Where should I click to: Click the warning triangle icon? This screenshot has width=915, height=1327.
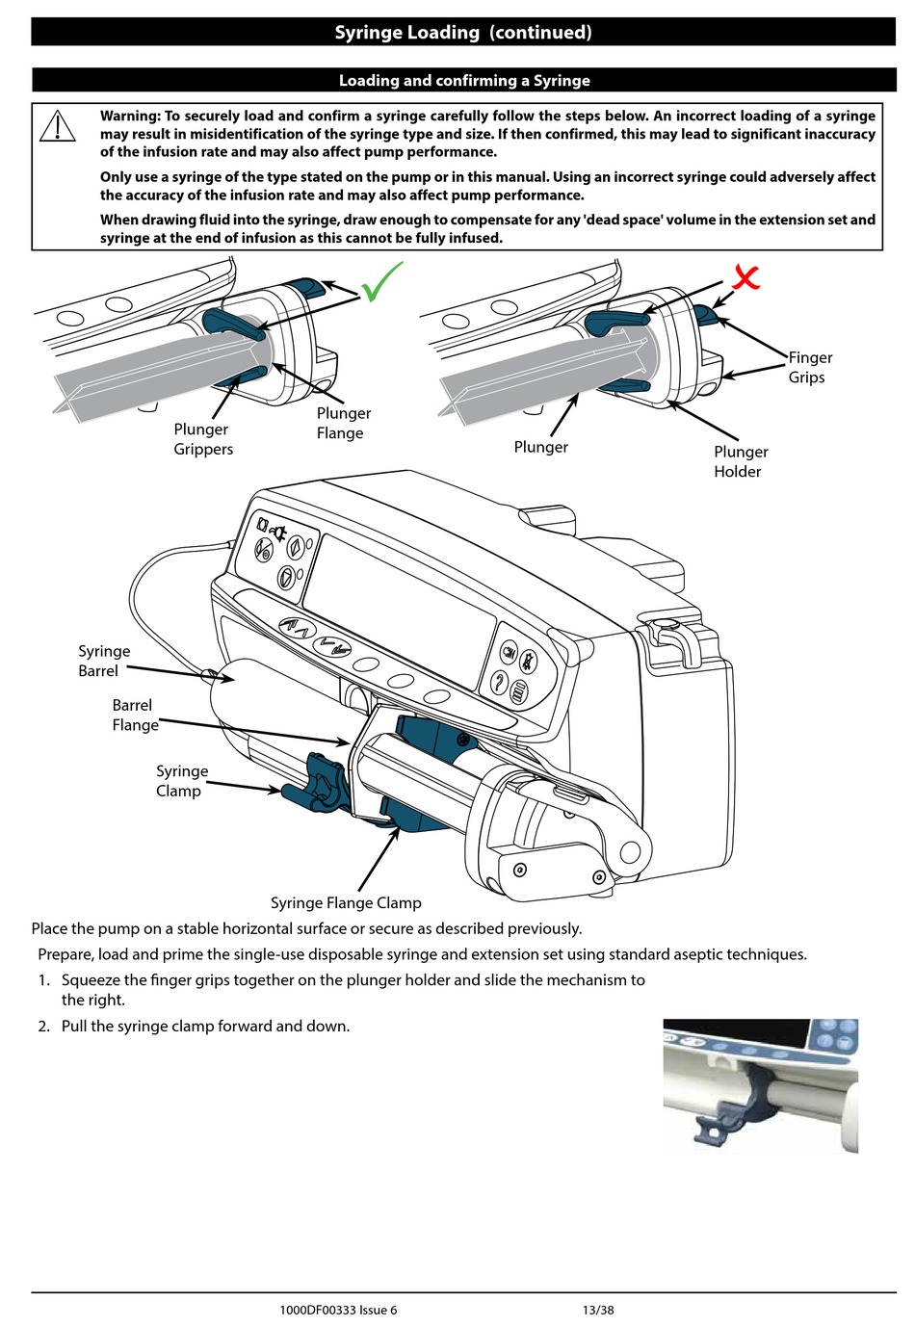click(58, 126)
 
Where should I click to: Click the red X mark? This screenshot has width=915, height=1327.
click(745, 277)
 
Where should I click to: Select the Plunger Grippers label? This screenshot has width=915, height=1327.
click(202, 439)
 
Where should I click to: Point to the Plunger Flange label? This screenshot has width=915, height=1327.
click(343, 423)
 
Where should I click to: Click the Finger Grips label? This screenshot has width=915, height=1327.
click(809, 367)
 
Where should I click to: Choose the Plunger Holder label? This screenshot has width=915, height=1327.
click(740, 461)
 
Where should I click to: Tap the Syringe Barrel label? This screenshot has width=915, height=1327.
click(103, 661)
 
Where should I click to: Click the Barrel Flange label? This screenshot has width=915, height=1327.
click(135, 715)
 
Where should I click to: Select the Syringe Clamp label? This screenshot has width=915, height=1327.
click(181, 780)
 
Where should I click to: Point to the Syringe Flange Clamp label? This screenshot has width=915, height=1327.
click(346, 902)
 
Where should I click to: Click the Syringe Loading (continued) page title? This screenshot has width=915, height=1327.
click(463, 32)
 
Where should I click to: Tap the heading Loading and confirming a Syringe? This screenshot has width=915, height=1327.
click(464, 81)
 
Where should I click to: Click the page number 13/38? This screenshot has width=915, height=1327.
click(597, 1310)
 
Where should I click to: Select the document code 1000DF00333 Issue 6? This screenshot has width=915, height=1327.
click(338, 1310)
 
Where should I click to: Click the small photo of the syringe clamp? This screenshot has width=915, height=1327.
click(760, 1085)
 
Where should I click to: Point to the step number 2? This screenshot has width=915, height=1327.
click(43, 1026)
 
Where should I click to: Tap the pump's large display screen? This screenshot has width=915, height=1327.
click(405, 607)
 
